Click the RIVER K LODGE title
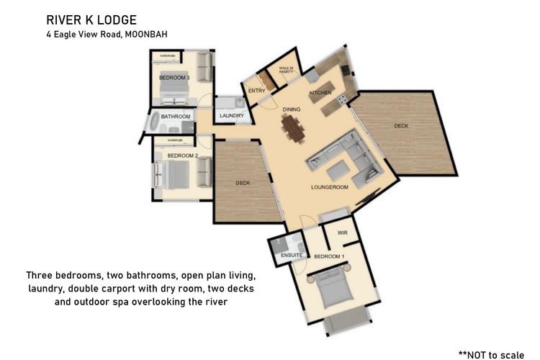91,19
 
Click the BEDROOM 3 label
174,77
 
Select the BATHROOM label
175,117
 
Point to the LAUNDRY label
232,116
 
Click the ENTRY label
256,91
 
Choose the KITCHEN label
320,94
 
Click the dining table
293,128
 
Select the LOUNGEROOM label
329,186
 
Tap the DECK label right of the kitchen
400,126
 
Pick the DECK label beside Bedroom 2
243,183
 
